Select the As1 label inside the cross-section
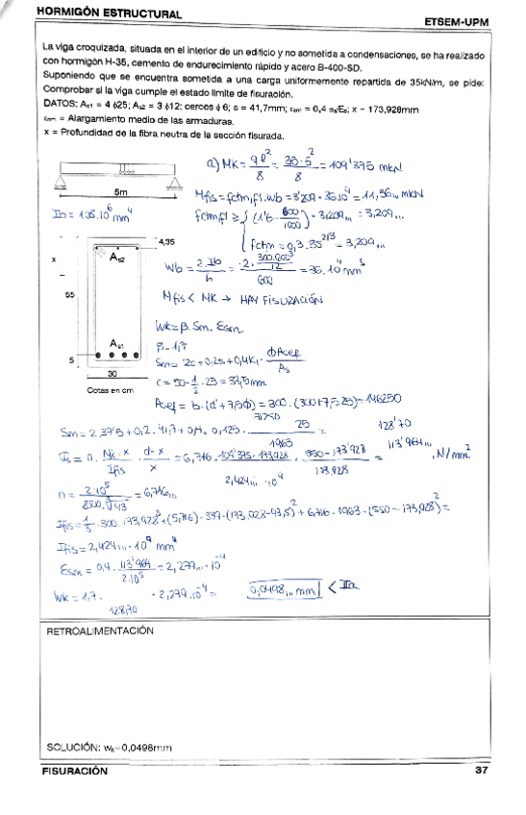click(x=117, y=344)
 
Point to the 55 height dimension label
click(x=70, y=296)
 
